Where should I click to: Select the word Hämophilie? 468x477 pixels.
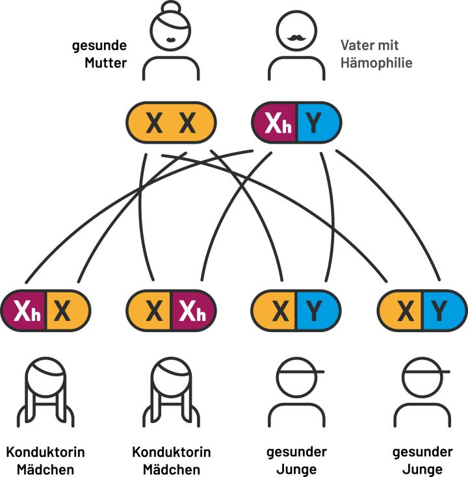pos(376,64)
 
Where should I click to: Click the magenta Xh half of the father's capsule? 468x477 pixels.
pos(274,123)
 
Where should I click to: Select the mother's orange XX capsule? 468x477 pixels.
pos(170,123)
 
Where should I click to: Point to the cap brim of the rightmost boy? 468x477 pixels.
pos(443,372)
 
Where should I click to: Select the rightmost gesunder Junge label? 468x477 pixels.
pos(422,460)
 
